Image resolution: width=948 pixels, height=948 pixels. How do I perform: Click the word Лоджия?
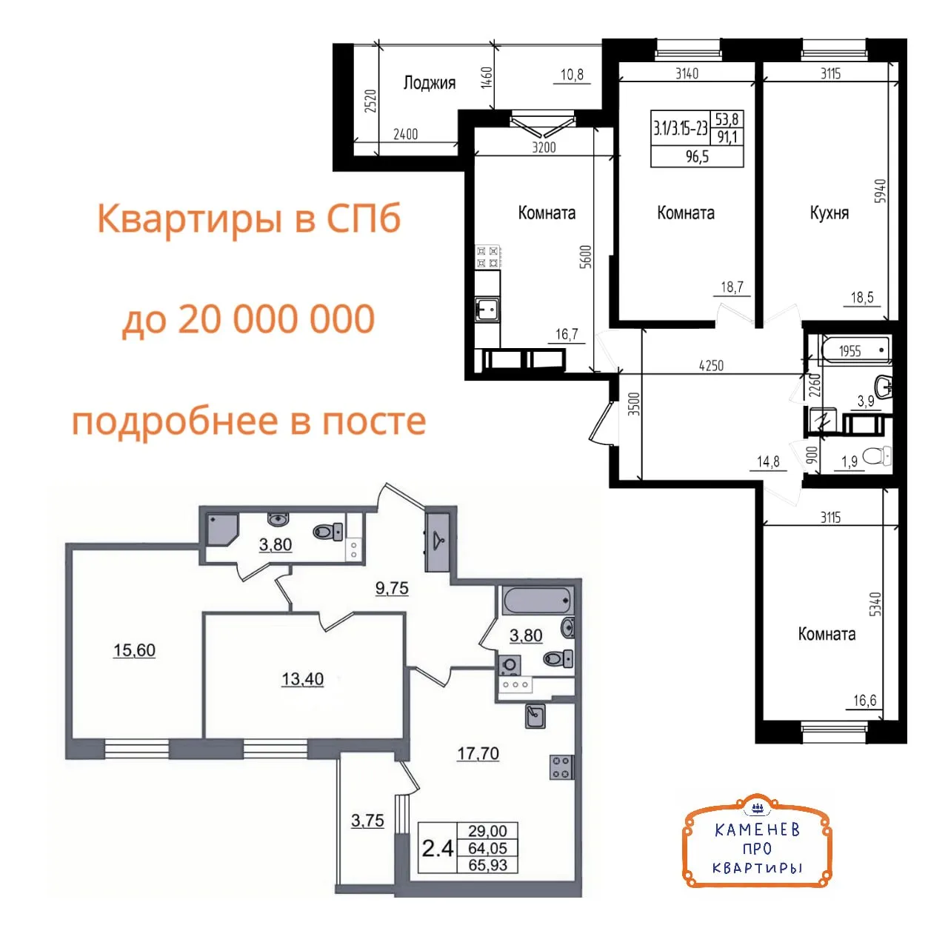(x=429, y=83)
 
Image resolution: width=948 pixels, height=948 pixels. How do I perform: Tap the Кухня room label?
(x=829, y=213)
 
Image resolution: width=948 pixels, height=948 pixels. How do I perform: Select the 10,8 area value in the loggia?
(x=572, y=75)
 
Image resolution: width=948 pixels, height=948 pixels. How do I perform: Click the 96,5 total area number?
(x=697, y=157)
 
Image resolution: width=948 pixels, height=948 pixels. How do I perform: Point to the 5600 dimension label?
(x=585, y=256)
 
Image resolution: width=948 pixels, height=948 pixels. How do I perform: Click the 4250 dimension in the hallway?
(x=711, y=366)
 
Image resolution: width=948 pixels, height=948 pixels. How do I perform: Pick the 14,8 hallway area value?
(x=768, y=461)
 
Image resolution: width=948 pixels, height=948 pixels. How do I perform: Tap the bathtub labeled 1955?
(x=855, y=350)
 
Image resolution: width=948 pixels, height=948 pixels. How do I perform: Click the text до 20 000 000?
(x=248, y=318)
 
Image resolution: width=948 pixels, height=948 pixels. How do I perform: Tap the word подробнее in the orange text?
(x=176, y=421)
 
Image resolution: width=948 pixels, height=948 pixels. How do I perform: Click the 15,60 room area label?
(x=134, y=650)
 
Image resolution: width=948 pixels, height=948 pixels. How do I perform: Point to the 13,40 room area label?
(x=303, y=679)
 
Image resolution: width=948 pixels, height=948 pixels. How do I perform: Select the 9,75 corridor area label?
(x=392, y=588)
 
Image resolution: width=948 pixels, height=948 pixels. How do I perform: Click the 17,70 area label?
(x=478, y=753)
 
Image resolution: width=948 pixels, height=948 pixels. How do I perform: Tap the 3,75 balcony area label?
(x=367, y=821)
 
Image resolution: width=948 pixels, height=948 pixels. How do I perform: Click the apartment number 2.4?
(x=438, y=848)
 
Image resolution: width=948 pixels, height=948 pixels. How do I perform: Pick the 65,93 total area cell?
(x=487, y=865)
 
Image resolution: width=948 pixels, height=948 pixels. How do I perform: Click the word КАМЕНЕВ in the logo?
(x=757, y=830)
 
